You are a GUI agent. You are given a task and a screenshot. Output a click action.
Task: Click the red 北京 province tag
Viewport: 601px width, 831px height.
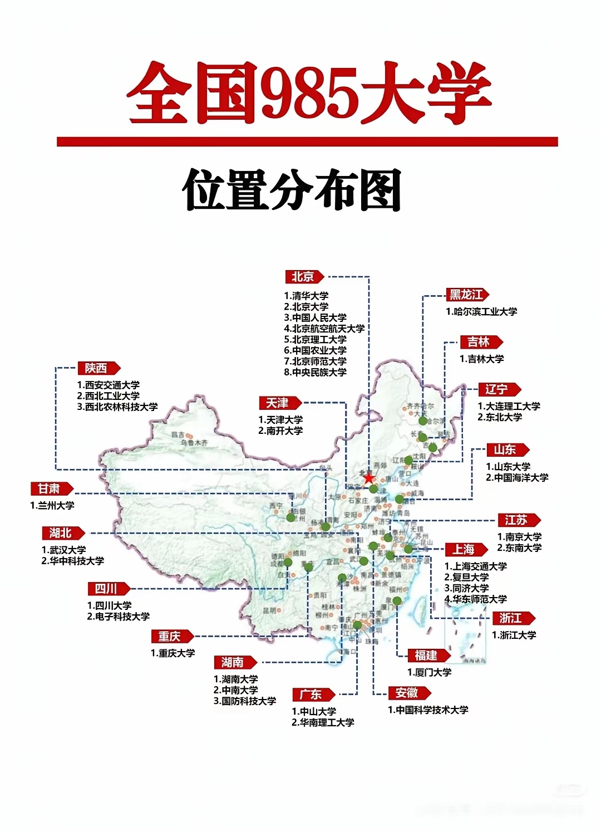click(x=304, y=277)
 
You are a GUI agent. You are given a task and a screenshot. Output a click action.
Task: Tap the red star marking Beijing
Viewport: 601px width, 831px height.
click(x=368, y=478)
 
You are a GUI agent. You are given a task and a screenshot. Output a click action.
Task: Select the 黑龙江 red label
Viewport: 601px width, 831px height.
click(x=466, y=295)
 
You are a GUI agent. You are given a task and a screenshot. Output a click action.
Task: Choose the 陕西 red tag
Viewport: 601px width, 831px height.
click(x=97, y=368)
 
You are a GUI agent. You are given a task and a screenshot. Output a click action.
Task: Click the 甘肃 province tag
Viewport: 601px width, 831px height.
click(x=50, y=489)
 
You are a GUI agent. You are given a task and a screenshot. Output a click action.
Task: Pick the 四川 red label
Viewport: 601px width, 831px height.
click(x=107, y=589)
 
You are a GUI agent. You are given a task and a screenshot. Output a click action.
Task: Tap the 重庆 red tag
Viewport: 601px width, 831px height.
click(x=170, y=637)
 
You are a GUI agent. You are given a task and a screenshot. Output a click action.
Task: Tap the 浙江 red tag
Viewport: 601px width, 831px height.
click(x=511, y=618)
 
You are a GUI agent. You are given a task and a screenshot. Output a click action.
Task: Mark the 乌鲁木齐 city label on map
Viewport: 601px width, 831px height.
click(x=194, y=443)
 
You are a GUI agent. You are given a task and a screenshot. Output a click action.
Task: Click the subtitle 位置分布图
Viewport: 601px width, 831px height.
click(x=292, y=190)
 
